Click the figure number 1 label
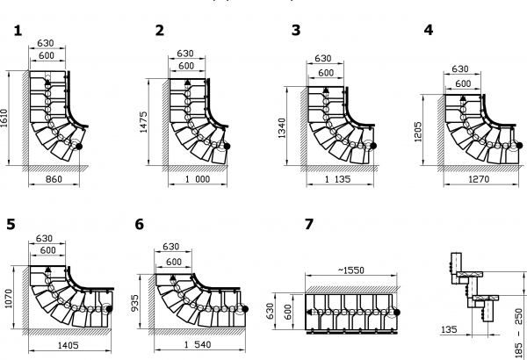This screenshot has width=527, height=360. coord(18,31)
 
